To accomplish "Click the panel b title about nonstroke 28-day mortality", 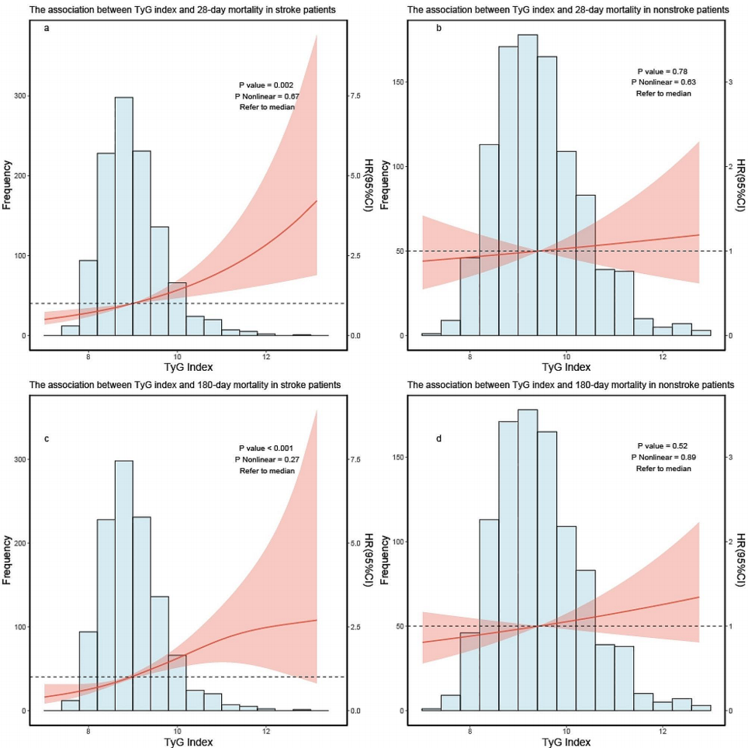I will pyautogui.click(x=568, y=10).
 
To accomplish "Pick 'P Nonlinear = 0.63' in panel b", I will pyautogui.click(x=662, y=81).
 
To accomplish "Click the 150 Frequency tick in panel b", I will pyautogui.click(x=405, y=82).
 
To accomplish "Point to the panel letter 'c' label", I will pyautogui.click(x=47, y=438).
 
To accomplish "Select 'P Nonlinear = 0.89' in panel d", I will pyautogui.click(x=662, y=457).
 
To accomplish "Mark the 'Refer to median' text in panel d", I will pyautogui.click(x=662, y=468).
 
